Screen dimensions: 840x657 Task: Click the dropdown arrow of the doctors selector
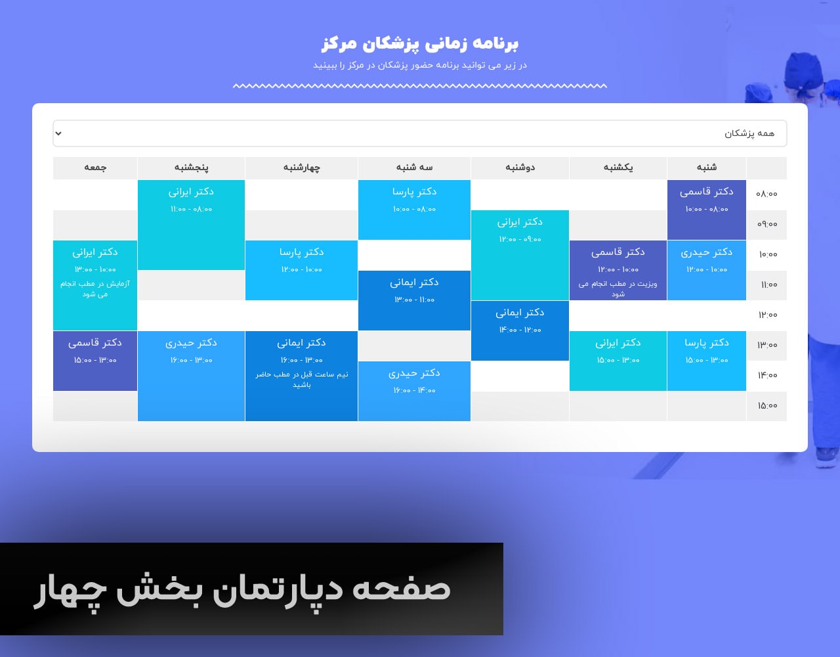(x=58, y=133)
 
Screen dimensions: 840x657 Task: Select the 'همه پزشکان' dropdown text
(x=749, y=133)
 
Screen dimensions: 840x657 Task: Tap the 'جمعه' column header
(x=95, y=168)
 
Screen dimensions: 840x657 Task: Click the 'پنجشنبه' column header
(x=191, y=168)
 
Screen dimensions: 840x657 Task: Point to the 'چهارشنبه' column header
(x=301, y=168)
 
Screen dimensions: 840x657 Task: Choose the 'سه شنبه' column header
(x=414, y=167)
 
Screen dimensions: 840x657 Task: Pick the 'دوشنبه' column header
(x=520, y=168)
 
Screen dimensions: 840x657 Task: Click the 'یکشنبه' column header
(x=618, y=168)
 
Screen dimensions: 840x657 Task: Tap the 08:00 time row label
(x=766, y=194)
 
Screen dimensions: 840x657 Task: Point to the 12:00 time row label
(x=767, y=315)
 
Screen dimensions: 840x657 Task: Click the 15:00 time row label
(x=767, y=405)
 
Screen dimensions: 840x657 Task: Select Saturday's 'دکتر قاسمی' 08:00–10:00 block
(x=706, y=210)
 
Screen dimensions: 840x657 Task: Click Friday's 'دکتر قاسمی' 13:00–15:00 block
(x=95, y=361)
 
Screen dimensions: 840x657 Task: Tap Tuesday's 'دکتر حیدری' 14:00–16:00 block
(x=414, y=391)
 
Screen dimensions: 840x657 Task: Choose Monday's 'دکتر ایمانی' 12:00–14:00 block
(x=520, y=330)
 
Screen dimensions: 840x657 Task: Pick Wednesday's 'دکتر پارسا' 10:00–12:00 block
(x=301, y=270)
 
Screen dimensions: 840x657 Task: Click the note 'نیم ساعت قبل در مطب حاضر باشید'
(x=301, y=380)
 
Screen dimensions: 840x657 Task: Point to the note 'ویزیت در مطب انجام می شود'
(x=618, y=289)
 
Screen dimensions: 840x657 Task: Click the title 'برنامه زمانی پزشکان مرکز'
(x=420, y=43)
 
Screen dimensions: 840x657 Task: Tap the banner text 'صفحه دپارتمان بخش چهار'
(x=242, y=591)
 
